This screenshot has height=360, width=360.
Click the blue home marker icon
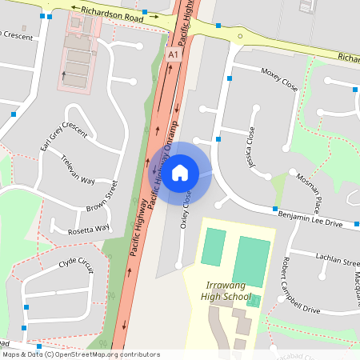180,171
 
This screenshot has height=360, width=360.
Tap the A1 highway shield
173,54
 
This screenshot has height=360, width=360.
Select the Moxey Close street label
279,78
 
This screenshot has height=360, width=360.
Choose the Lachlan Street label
337,261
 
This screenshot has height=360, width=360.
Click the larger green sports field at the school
251,261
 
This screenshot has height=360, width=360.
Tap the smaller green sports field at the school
214,247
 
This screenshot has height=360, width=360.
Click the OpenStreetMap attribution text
81,354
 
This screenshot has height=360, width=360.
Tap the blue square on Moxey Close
230,78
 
